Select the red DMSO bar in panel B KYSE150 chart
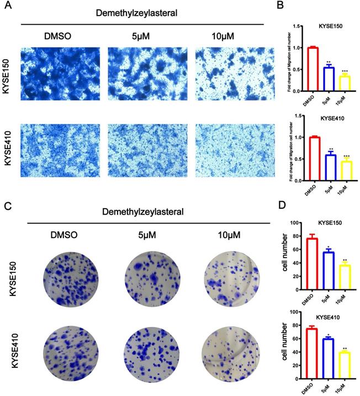click(313, 70)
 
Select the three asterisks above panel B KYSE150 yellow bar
click(345, 71)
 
